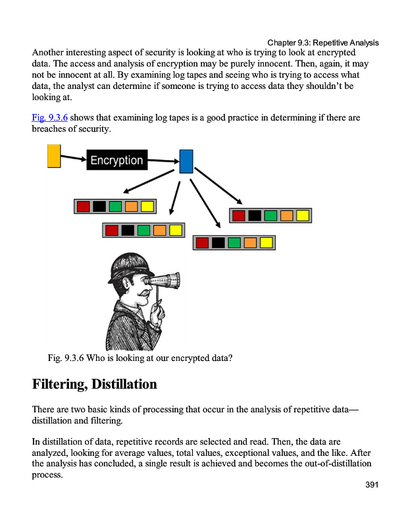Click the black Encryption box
(116, 160)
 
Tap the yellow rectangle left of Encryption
(54, 156)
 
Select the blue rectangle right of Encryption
(186, 161)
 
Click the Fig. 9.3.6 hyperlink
(49, 118)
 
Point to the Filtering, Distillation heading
(94, 384)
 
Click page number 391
(372, 485)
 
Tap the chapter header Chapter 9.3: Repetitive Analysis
(323, 43)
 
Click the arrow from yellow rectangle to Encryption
(73, 158)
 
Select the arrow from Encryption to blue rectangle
(163, 159)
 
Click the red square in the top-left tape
(84, 206)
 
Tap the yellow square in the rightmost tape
(302, 215)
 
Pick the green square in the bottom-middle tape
(234, 242)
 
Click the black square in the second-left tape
(128, 230)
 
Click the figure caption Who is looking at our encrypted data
(140, 358)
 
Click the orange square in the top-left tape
(131, 206)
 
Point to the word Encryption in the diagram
(116, 160)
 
